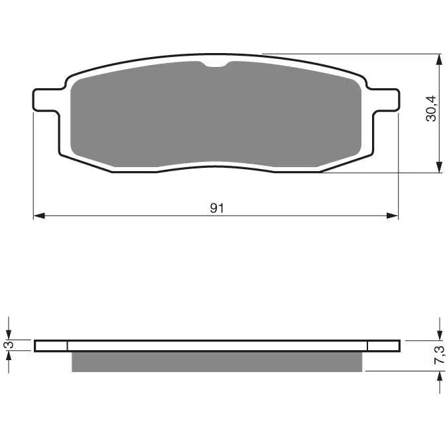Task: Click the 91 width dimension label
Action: (217, 208)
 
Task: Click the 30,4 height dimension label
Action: (430, 109)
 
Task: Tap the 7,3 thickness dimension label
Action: (439, 354)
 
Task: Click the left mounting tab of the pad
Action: (46, 100)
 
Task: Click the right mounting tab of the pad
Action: (385, 100)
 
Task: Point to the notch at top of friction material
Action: (216, 65)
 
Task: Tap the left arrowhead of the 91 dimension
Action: (39, 216)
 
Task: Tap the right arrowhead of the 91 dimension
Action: (392, 216)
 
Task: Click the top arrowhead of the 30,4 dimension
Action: (439, 60)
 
